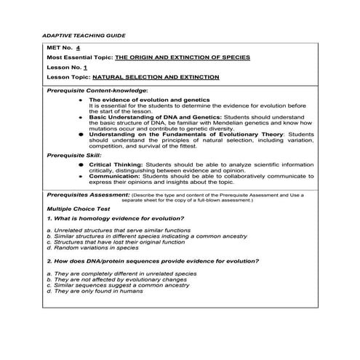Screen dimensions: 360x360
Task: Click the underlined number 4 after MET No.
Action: [x=88, y=47]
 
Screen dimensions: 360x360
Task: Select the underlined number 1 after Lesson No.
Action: [x=85, y=65]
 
